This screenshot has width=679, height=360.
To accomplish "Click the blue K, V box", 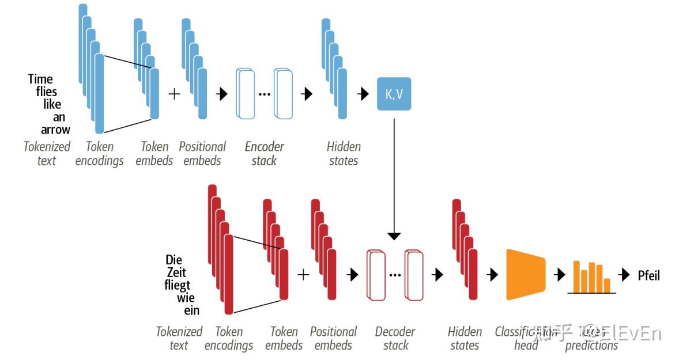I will point(394,94).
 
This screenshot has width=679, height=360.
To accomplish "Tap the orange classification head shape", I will point(525,275).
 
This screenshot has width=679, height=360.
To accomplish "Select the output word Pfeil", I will point(648,275).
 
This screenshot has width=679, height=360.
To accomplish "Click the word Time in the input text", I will point(40,79).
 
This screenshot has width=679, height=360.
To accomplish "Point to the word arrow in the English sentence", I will point(55,130).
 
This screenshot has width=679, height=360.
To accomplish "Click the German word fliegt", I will point(177,285).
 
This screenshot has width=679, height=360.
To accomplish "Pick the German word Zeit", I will point(176,272).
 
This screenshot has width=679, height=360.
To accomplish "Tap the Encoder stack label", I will point(264,153).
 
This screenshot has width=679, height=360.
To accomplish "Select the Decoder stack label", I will point(395,338).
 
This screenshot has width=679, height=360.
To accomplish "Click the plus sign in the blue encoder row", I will point(174,94).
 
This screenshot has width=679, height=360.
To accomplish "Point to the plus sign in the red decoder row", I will point(303,275).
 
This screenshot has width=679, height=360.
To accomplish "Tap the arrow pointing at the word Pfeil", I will point(624,275).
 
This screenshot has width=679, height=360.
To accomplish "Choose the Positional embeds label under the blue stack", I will point(202,153).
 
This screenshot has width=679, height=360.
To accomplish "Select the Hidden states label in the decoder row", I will point(465,338).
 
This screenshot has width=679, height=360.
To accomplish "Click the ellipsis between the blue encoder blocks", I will point(265,94).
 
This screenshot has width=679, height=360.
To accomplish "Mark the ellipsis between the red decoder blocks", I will point(395,275).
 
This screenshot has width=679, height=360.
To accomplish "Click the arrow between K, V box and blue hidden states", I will point(363,94).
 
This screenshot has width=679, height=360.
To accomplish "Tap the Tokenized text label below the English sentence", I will point(47,153).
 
